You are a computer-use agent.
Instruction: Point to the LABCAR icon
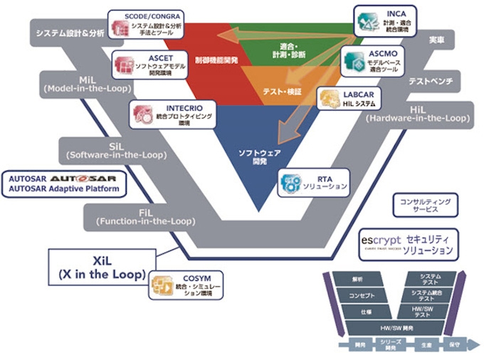tap(330, 97)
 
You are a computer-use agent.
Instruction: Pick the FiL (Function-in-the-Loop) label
tap(146, 216)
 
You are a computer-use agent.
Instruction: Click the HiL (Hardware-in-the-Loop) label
tap(418, 113)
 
